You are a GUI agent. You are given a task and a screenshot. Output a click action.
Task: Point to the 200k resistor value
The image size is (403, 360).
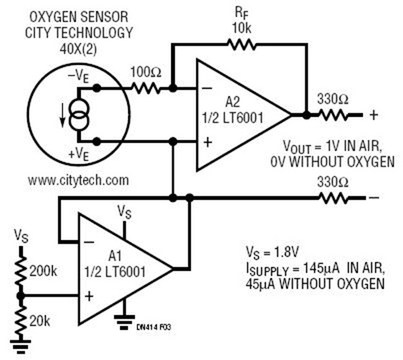click(x=45, y=270)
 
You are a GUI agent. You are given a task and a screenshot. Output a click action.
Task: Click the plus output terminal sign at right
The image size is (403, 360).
click(x=373, y=114)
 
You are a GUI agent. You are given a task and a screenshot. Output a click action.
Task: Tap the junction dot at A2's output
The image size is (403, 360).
click(x=307, y=114)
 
